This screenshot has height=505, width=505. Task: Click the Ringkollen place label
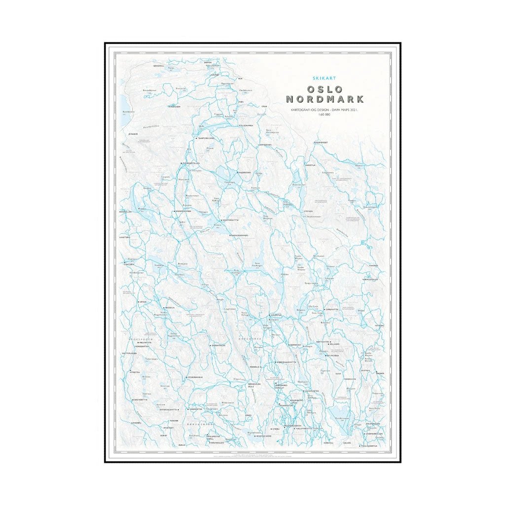point(126,212)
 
